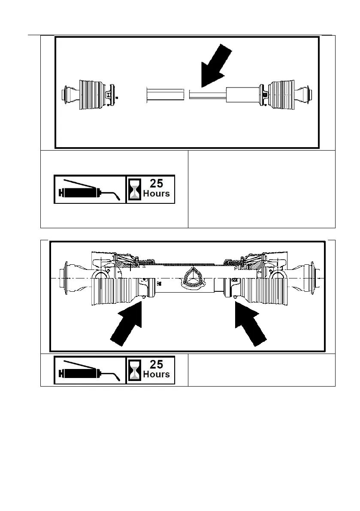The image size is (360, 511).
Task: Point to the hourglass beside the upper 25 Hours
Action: [134, 189]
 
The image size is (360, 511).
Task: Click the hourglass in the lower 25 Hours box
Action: [134, 370]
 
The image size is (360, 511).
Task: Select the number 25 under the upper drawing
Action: [156, 183]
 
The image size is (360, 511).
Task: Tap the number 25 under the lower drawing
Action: [156, 364]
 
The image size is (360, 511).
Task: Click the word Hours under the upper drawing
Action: [156, 194]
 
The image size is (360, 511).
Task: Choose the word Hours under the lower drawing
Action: [156, 374]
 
